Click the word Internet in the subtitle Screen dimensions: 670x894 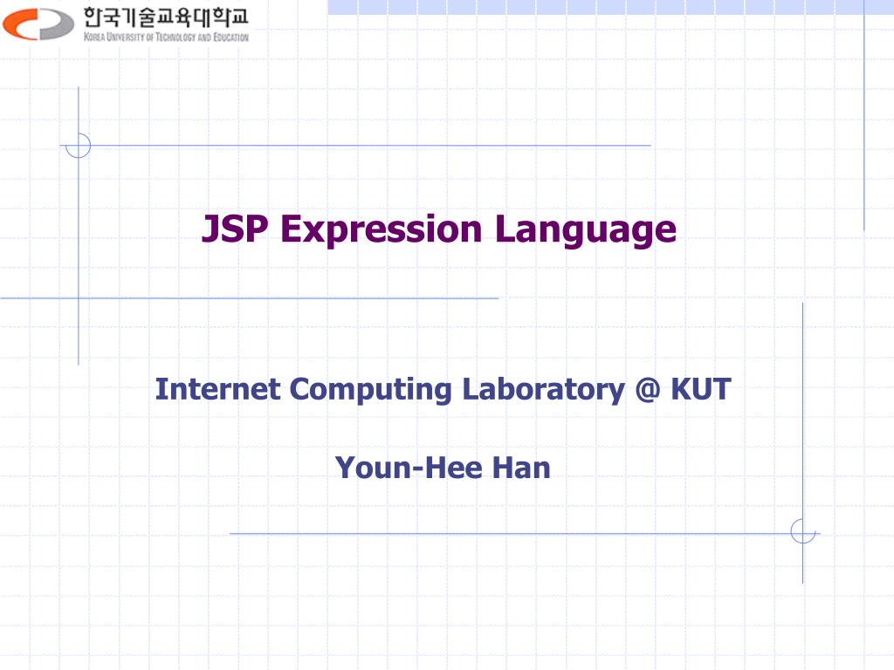point(218,389)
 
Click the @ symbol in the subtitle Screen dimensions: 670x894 point(650,389)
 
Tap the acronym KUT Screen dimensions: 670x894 point(701,389)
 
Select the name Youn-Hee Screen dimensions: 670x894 point(410,468)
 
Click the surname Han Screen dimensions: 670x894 point(521,468)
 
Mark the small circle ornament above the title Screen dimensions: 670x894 point(79,145)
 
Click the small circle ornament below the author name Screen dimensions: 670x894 point(802,531)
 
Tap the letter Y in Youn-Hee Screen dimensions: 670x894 point(345,468)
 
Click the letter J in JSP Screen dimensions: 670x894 point(210,229)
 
